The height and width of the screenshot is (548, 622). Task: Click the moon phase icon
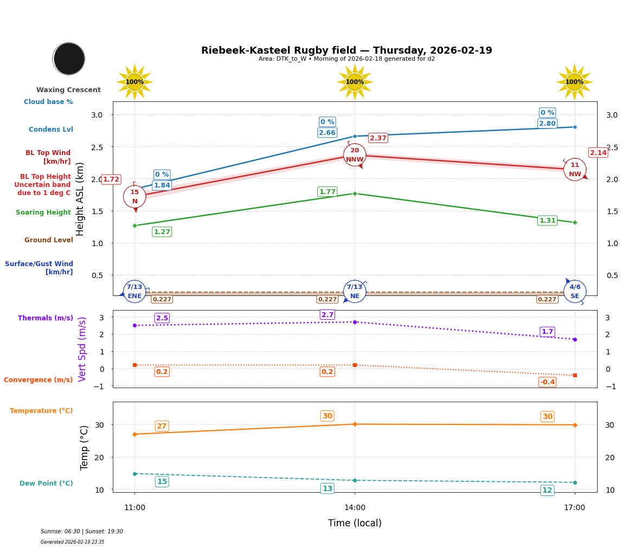pos(69,59)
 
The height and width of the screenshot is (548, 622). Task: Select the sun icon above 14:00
pos(355,82)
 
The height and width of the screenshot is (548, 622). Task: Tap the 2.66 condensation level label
pos(327,133)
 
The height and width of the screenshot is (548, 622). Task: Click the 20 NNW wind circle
pos(355,155)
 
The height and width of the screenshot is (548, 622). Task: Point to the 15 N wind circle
pos(134,197)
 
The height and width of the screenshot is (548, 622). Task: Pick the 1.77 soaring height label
pos(327,192)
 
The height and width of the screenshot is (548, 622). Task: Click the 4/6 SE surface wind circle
pos(575,292)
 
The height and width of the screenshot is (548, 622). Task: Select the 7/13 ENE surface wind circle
pos(134,292)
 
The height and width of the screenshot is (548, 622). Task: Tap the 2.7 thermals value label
pos(327,315)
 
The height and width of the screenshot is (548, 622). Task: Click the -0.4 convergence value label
pos(547,382)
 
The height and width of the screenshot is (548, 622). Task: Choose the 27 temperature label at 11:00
pos(162,426)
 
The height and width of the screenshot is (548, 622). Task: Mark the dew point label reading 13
pos(327,488)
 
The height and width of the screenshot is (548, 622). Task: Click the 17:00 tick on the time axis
pos(574,508)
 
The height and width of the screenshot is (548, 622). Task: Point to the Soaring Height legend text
pos(43,212)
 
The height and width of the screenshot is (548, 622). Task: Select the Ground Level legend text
pos(48,240)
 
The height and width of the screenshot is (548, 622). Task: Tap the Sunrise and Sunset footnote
pos(82,532)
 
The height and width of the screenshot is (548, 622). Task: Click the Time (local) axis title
pos(355,523)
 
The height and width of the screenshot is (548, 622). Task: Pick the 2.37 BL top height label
pos(378,138)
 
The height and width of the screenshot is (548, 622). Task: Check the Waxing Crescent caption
pos(68,90)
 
